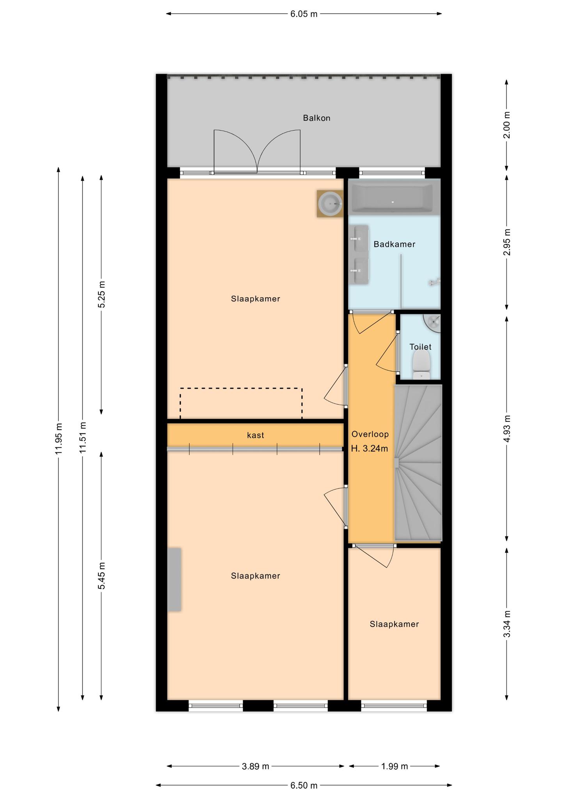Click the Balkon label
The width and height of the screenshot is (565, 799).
pyautogui.click(x=316, y=118)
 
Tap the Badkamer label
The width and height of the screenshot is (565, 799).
pyautogui.click(x=394, y=244)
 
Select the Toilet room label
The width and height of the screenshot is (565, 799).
pyautogui.click(x=420, y=347)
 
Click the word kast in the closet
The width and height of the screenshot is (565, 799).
pyautogui.click(x=255, y=435)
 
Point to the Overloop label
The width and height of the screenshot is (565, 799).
pyautogui.click(x=370, y=434)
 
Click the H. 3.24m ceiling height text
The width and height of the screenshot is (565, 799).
pyautogui.click(x=370, y=449)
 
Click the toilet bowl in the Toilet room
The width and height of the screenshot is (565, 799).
pyautogui.click(x=421, y=364)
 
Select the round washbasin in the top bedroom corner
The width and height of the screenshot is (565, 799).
pyautogui.click(x=330, y=203)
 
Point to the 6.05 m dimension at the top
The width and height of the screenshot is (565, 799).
pyautogui.click(x=304, y=14)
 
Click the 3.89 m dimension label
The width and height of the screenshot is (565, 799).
pyautogui.click(x=256, y=766)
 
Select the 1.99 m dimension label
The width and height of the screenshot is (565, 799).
pyautogui.click(x=394, y=766)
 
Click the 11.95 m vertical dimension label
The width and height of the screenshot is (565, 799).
pyautogui.click(x=59, y=439)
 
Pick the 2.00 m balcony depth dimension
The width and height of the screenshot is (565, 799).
pyautogui.click(x=506, y=125)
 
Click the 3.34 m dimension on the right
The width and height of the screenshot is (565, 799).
pyautogui.click(x=506, y=623)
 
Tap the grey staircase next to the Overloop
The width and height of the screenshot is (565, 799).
pyautogui.click(x=418, y=463)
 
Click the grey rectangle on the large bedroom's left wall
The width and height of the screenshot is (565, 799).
pyautogui.click(x=174, y=579)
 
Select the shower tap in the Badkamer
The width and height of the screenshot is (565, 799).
pyautogui.click(x=434, y=282)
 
